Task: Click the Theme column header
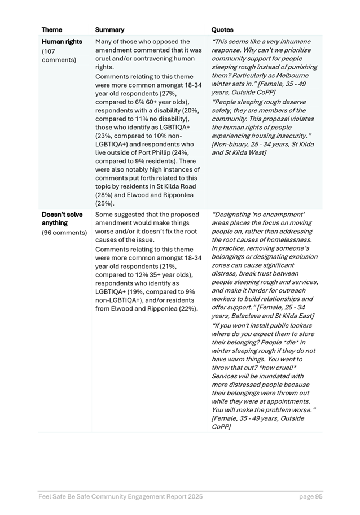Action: [52, 30]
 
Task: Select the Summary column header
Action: [109, 30]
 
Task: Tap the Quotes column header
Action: [222, 30]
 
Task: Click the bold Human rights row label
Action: [62, 42]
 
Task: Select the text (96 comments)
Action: [64, 232]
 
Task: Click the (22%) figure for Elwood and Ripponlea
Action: [186, 308]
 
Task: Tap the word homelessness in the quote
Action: [286, 240]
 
